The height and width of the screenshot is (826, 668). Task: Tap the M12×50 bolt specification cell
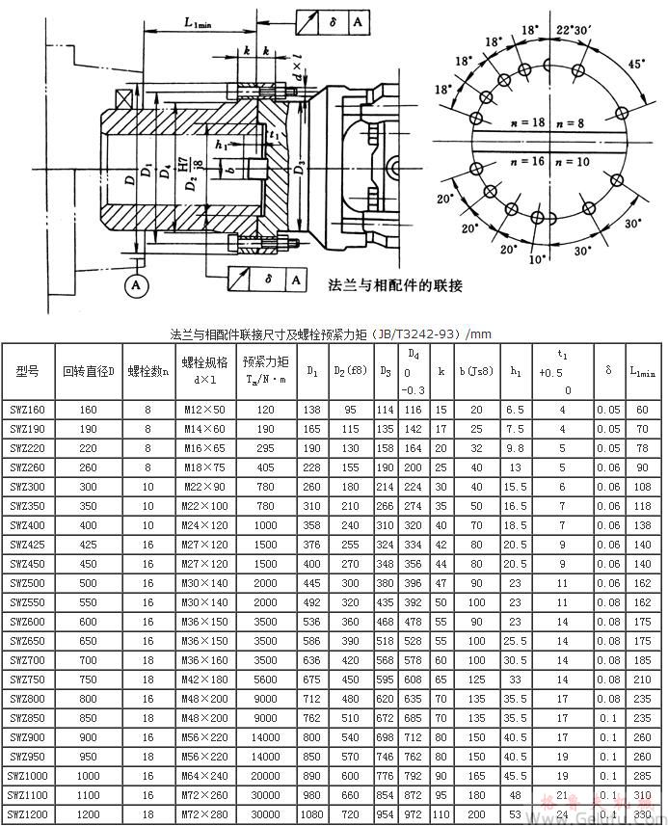[x=204, y=410]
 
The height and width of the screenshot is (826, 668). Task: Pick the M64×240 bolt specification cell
[x=204, y=776]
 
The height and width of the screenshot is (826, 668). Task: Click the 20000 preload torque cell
[x=265, y=776]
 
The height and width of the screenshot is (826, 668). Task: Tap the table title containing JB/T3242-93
[x=330, y=334]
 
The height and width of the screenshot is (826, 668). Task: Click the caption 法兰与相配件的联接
[x=395, y=285]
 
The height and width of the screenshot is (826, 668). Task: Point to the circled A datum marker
[x=137, y=286]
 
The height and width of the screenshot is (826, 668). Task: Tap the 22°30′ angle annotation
[x=577, y=31]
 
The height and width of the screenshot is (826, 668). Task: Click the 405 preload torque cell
[x=265, y=467]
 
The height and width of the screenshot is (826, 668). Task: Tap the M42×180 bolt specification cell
[x=204, y=679]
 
